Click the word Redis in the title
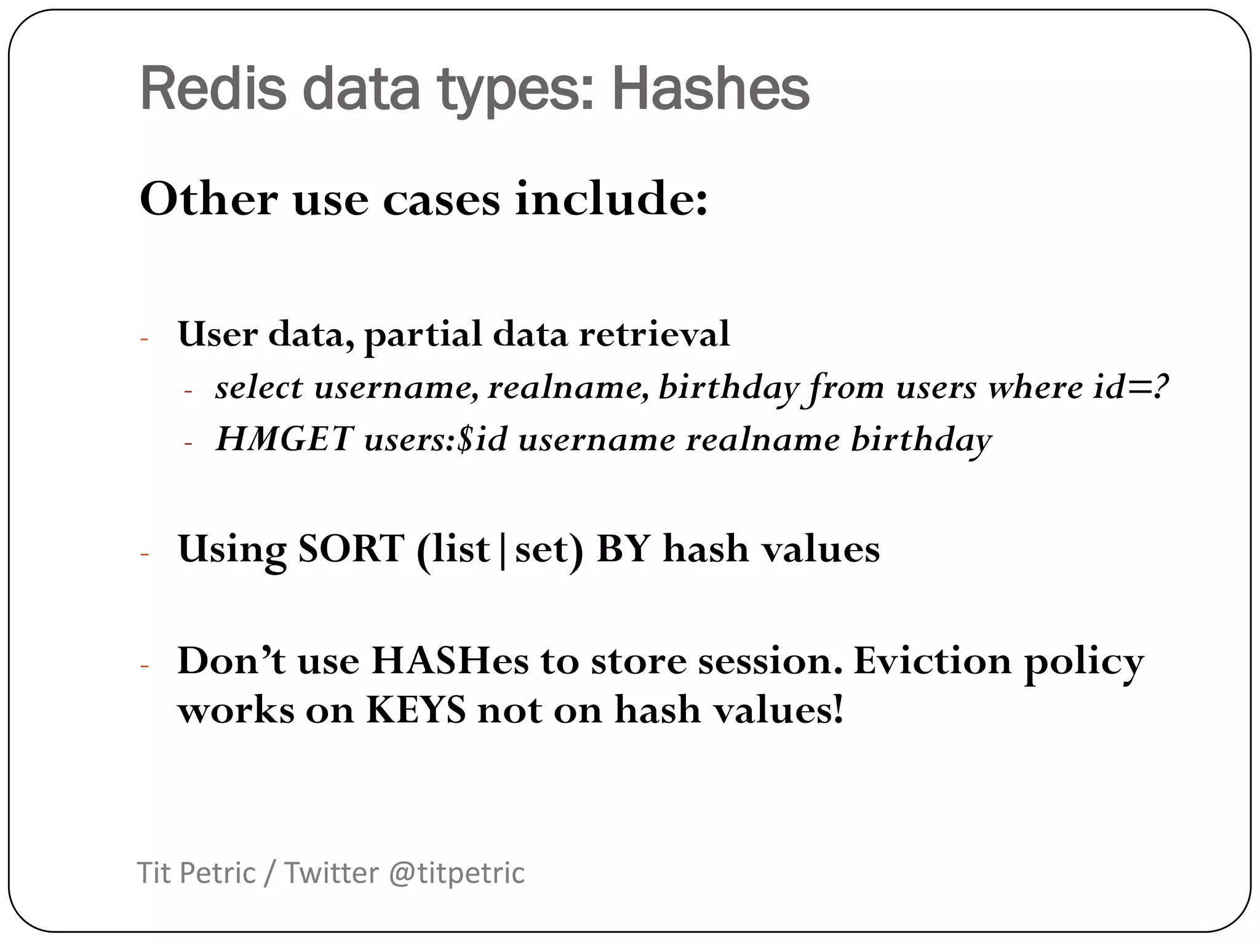pyautogui.click(x=213, y=90)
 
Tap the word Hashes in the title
pyautogui.click(x=710, y=90)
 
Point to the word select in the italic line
pyautogui.click(x=259, y=388)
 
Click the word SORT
pyautogui.click(x=351, y=549)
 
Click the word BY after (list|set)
pyautogui.click(x=623, y=549)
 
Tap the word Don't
pyautogui.click(x=231, y=661)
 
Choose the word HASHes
pyautogui.click(x=450, y=661)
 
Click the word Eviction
pyautogui.click(x=932, y=661)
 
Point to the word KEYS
pyautogui.click(x=416, y=711)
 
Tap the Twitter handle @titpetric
pyautogui.click(x=457, y=873)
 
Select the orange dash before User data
pyautogui.click(x=145, y=339)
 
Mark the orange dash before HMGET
pyautogui.click(x=189, y=443)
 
